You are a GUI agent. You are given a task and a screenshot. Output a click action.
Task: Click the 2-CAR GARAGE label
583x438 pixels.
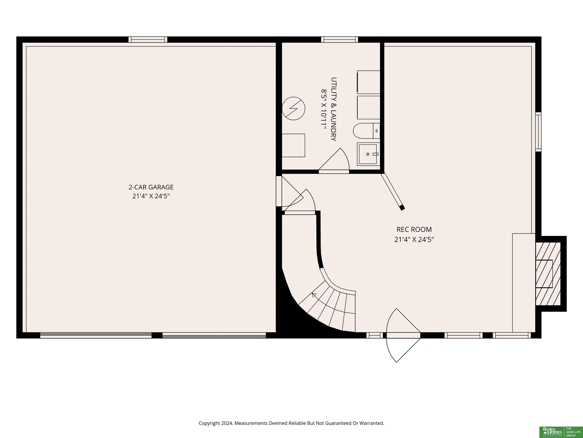(x=151, y=187)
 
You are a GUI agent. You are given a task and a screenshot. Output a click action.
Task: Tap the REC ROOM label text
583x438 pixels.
(x=414, y=229)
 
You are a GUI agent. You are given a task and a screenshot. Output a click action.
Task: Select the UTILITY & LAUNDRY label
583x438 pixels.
(x=334, y=109)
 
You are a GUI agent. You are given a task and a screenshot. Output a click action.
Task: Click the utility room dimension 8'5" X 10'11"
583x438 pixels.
(x=324, y=109)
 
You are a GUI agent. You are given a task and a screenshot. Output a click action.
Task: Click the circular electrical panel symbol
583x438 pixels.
(x=293, y=109)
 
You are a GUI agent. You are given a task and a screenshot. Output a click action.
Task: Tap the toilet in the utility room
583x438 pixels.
(x=366, y=131)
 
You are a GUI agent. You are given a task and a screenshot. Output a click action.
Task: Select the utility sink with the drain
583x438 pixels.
(x=369, y=154)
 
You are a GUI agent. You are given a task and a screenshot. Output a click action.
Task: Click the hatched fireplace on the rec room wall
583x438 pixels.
(x=548, y=274)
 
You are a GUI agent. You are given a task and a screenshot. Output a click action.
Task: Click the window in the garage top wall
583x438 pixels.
(x=148, y=40)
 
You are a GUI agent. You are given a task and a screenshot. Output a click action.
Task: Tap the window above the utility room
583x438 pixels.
(x=340, y=40)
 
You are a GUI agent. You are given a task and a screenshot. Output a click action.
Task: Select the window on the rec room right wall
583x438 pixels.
(x=538, y=132)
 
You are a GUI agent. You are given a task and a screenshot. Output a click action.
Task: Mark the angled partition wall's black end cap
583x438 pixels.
(x=402, y=208)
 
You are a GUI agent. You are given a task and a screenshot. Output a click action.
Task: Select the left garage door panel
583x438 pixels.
(x=96, y=335)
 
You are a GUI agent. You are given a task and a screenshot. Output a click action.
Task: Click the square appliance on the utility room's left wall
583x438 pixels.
(x=293, y=145)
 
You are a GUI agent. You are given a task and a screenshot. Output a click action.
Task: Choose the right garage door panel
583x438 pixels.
(x=214, y=335)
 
